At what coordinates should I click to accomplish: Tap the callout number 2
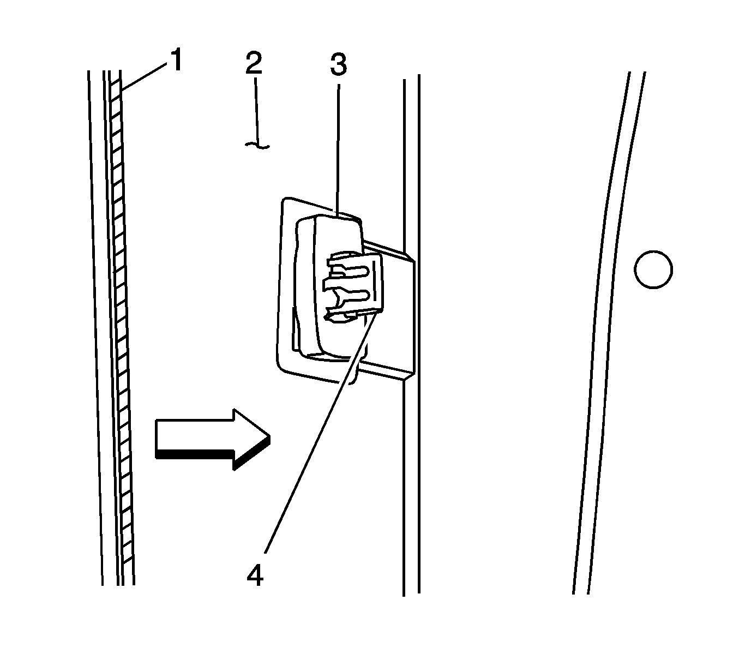253,64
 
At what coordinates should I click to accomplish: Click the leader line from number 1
145,76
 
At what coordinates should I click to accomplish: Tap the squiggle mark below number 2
256,145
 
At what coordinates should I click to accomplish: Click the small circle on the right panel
653,269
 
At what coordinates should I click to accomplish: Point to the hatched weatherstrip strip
121,327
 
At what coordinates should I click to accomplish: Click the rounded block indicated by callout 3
316,284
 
